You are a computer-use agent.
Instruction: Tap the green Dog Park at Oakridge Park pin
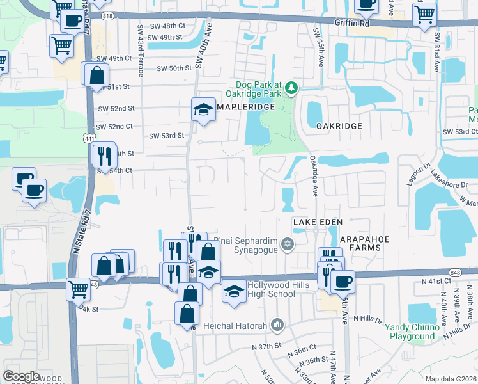coord(291,86)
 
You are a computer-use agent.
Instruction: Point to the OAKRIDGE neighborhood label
coord(339,126)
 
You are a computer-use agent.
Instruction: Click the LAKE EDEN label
coord(314,221)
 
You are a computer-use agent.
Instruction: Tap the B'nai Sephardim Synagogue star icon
coord(288,243)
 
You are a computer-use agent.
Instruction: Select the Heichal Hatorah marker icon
coord(277,326)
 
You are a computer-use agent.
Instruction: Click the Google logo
coord(21,376)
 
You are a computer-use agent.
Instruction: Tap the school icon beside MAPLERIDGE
coord(203,109)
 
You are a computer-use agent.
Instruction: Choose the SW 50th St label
coord(174,68)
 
